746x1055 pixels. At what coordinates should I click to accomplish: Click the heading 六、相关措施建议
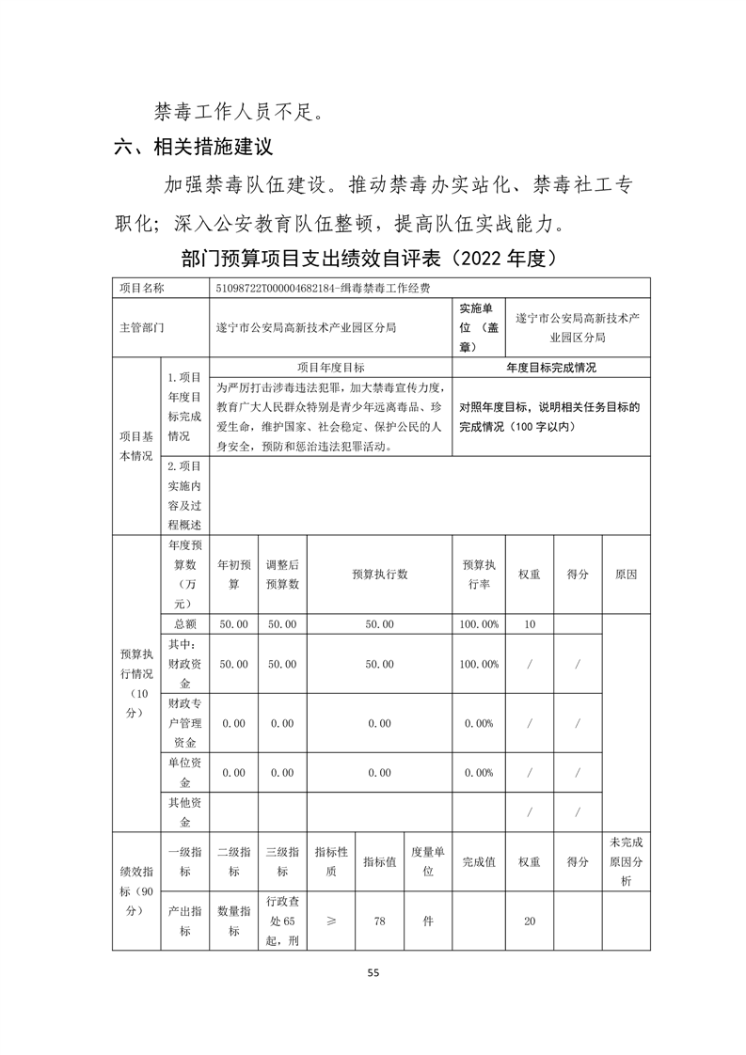click(193, 148)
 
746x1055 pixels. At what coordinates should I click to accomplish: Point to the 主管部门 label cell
click(142, 328)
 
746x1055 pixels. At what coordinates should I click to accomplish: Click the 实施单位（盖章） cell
click(478, 328)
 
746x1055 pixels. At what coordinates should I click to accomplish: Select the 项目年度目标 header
click(330, 368)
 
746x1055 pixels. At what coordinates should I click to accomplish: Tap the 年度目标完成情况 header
click(550, 368)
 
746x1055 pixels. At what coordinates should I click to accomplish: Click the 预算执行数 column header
click(379, 575)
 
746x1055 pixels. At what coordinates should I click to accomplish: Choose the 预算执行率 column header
click(479, 575)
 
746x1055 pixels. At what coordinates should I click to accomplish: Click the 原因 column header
click(626, 575)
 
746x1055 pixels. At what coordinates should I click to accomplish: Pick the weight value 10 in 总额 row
click(529, 624)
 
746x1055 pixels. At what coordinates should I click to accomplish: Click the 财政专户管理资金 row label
click(185, 722)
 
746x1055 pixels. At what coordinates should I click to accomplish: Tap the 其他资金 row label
click(185, 812)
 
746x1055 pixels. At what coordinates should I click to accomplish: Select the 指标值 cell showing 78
click(379, 921)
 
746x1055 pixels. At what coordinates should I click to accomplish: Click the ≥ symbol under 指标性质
click(330, 921)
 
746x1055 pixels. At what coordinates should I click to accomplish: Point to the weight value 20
click(529, 921)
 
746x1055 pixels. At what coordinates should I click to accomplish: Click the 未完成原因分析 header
click(626, 861)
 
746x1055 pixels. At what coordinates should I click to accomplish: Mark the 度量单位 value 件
click(428, 921)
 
